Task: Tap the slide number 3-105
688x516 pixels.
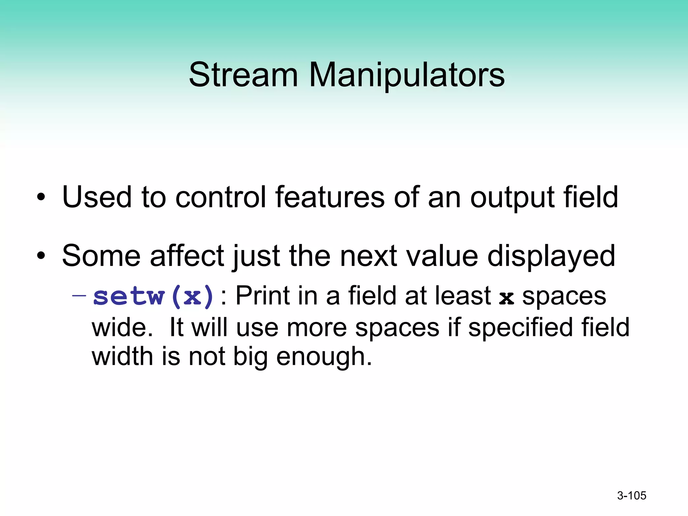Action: (632, 496)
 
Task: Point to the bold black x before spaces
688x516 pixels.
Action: (506, 297)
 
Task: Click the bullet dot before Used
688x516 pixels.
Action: (41, 198)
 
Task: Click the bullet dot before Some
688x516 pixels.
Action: (41, 256)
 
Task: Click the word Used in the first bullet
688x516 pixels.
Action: (97, 197)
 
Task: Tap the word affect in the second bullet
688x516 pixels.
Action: (187, 256)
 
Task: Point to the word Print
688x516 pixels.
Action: (262, 296)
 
